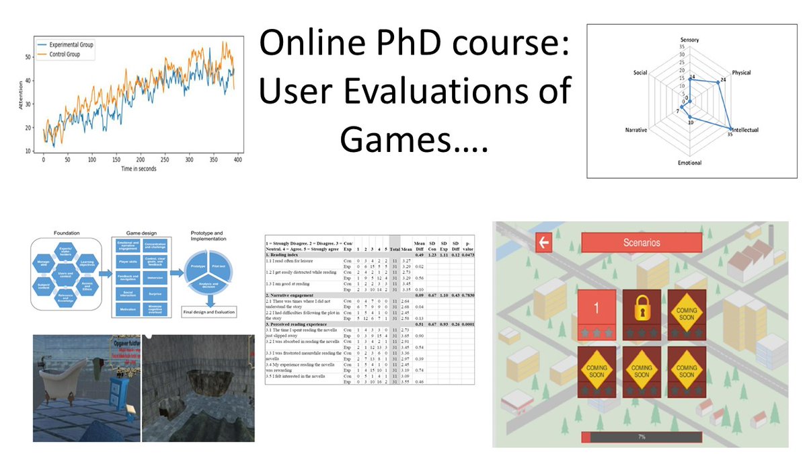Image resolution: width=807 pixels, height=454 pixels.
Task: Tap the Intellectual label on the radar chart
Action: [x=744, y=130]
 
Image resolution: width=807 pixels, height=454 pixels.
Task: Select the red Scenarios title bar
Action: [x=642, y=243]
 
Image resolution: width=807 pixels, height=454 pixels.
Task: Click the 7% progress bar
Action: [x=642, y=437]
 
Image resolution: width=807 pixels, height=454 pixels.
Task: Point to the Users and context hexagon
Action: [x=66, y=274]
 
